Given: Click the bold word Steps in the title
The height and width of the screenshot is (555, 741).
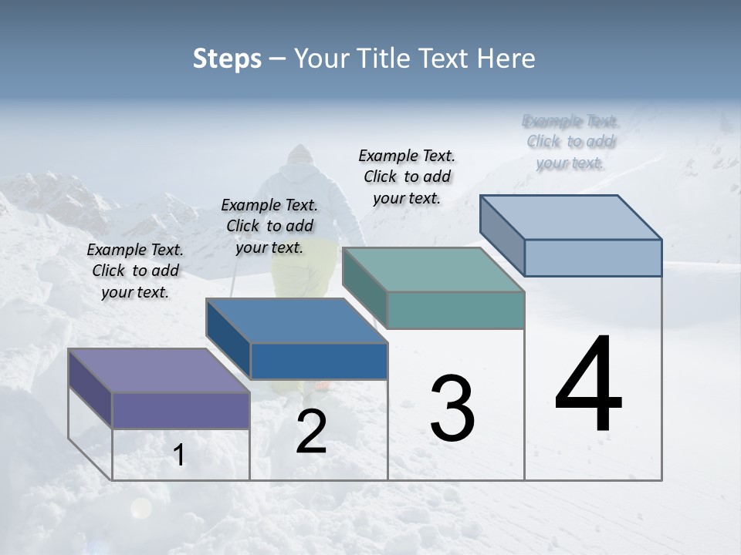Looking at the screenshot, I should click(226, 59).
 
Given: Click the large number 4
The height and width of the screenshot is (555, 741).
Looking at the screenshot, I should click(588, 385).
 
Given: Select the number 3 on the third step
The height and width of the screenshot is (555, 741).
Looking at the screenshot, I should click(452, 409).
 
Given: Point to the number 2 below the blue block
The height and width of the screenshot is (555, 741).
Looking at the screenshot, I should click(311, 432).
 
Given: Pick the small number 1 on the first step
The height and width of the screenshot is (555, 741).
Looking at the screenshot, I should click(178, 456).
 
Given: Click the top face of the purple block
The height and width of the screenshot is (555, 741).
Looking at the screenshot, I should click(159, 370).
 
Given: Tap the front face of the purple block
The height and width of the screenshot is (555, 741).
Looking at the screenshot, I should click(181, 410).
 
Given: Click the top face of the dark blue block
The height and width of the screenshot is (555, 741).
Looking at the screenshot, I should click(296, 321).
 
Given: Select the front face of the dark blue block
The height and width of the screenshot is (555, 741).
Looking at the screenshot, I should click(319, 361).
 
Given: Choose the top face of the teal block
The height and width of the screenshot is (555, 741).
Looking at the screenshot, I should click(433, 270).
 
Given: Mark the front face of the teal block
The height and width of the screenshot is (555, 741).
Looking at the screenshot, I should click(455, 310).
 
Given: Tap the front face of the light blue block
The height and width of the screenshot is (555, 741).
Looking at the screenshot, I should click(593, 257).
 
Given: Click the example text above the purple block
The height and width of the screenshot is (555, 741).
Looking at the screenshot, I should click(135, 271).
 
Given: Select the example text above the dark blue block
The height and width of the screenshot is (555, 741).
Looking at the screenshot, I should click(269, 226).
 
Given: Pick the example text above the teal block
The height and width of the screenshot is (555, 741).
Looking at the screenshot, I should click(407, 177).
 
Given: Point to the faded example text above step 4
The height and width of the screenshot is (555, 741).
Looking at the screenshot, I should click(570, 142).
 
